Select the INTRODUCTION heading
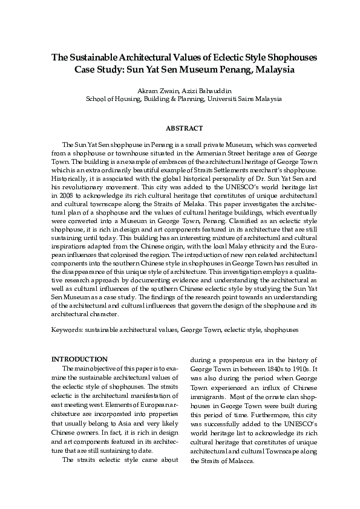pos(79,360)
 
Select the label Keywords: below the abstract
pos(67,331)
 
